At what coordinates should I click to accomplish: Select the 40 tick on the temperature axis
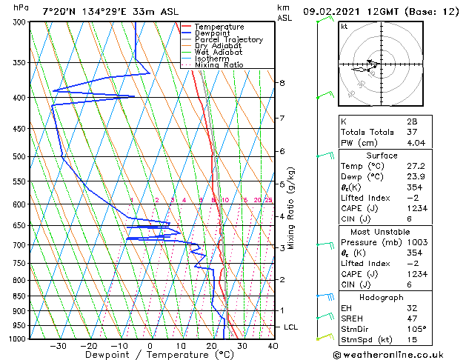click(x=273, y=346)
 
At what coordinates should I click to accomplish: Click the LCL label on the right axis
click(x=293, y=327)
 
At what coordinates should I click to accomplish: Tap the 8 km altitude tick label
click(x=282, y=83)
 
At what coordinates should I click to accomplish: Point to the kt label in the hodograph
click(x=344, y=27)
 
